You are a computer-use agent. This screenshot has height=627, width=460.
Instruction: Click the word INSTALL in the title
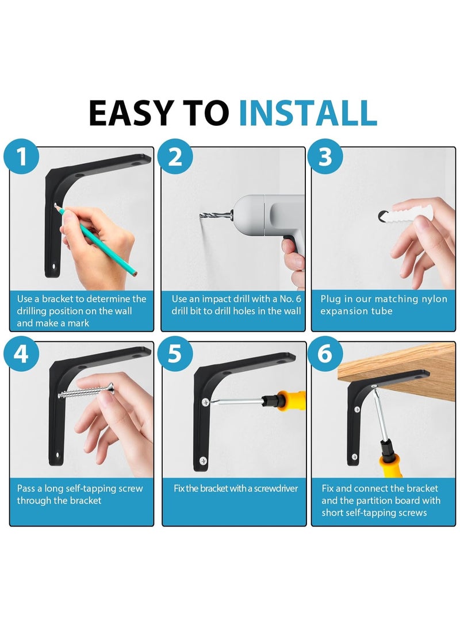tap(308, 113)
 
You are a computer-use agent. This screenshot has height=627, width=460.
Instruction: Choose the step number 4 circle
tap(21, 353)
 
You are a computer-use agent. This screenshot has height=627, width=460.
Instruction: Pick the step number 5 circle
tap(175, 353)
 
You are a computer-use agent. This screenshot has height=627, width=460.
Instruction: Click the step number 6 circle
tap(325, 353)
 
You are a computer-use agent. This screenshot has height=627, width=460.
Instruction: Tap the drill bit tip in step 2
tap(201, 216)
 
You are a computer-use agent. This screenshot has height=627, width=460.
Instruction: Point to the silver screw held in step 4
tap(86, 391)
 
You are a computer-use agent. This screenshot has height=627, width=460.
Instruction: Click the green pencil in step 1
tap(97, 241)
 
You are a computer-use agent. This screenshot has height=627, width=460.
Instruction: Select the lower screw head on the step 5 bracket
tap(203, 461)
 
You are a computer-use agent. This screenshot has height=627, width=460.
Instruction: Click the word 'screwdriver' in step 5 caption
tap(276, 488)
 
